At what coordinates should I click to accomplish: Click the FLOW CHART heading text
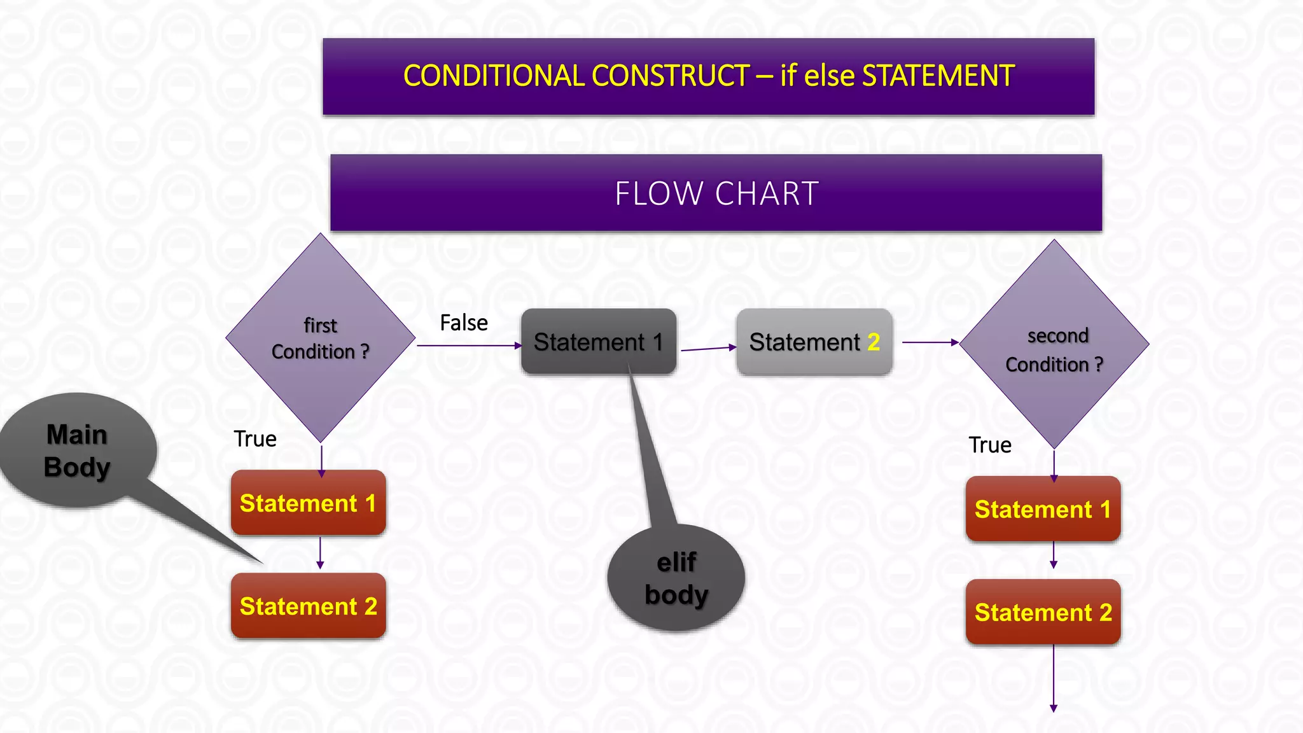tap(716, 193)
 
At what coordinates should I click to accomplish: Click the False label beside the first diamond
tap(464, 323)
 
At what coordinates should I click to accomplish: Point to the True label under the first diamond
tap(255, 439)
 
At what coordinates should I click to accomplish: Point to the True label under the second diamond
tap(990, 445)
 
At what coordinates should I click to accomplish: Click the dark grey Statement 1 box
tap(598, 342)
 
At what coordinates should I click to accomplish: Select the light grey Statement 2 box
tap(814, 342)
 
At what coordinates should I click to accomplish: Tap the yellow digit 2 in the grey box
tap(874, 342)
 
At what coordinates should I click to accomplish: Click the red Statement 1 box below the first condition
tap(308, 503)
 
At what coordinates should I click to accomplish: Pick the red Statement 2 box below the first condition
tap(308, 606)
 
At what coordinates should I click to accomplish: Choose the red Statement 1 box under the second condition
tap(1043, 509)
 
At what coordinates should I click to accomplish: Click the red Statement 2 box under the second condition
tap(1043, 612)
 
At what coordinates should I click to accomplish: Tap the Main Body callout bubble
tap(77, 450)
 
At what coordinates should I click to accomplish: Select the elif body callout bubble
tap(676, 578)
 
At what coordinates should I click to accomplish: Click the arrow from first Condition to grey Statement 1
tap(469, 346)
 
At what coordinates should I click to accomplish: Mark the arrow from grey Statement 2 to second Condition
tap(930, 342)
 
